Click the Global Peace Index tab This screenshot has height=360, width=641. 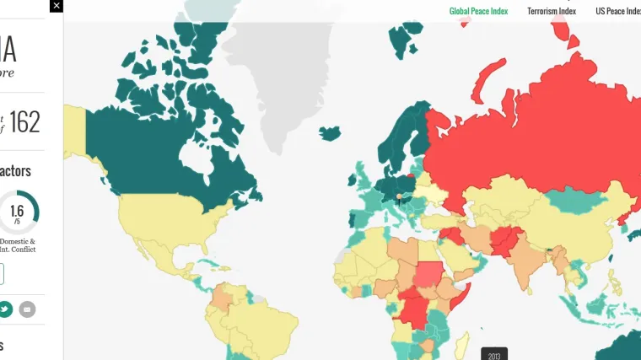(479, 11)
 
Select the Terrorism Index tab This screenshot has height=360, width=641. (552, 11)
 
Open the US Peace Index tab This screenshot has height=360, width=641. (617, 11)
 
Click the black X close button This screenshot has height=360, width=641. (56, 6)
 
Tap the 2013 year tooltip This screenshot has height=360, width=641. (494, 355)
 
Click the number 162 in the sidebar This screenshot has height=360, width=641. (25, 123)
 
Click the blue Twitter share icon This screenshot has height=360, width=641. (5, 309)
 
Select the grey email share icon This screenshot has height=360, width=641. (28, 309)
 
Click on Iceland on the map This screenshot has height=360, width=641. (330, 133)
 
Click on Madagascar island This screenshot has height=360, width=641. (463, 344)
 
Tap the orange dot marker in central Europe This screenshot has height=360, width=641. (400, 196)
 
